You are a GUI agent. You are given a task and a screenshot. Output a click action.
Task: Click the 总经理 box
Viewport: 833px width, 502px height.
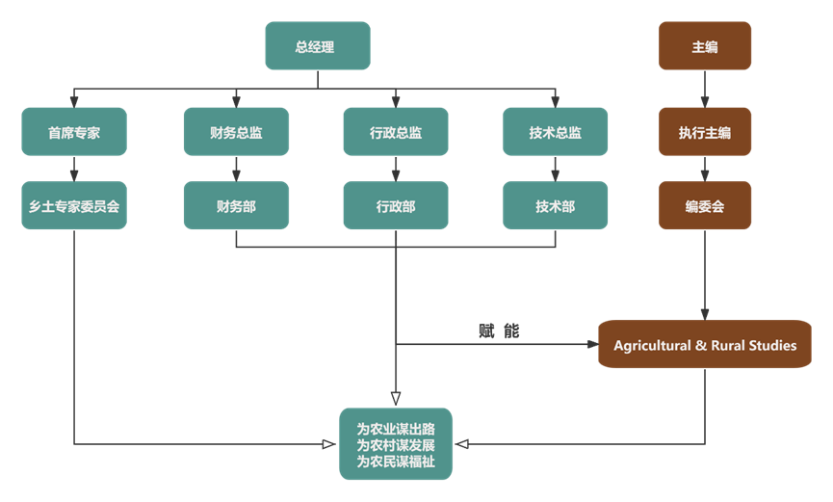(317, 46)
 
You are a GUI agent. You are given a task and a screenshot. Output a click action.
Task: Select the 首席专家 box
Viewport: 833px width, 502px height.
(74, 132)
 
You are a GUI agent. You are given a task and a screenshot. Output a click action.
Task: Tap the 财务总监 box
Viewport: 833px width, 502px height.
(236, 132)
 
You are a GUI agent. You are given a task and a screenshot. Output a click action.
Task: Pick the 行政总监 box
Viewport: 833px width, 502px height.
(396, 132)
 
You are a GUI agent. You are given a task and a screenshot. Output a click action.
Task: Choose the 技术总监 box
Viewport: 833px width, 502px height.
(555, 132)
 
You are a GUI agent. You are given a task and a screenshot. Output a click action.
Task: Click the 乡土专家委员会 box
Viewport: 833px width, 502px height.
(74, 205)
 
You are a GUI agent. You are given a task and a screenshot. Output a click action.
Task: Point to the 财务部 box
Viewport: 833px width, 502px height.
(236, 205)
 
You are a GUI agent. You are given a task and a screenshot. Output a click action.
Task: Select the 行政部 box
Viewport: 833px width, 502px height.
(396, 205)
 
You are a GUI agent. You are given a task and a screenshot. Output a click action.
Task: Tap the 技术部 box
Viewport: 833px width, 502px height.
(555, 205)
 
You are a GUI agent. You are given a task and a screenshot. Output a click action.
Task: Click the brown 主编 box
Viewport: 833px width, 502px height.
(705, 46)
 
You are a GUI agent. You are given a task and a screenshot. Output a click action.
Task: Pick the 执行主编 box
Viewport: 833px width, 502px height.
(705, 132)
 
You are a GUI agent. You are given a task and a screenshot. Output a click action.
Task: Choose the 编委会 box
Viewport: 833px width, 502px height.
(705, 205)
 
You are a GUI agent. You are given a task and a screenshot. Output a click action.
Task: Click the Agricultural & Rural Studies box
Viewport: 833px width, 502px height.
(705, 345)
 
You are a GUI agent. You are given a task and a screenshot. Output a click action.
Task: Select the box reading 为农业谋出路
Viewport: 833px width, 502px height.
(396, 444)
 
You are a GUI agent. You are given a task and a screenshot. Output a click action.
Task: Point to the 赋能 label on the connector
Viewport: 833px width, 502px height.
(498, 330)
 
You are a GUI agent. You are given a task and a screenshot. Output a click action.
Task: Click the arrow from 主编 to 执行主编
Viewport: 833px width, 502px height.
(705, 89)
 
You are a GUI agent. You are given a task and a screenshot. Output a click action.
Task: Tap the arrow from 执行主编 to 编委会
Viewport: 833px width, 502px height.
(705, 169)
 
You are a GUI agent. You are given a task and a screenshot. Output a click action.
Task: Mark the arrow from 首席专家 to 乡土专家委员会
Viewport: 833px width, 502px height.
(74, 169)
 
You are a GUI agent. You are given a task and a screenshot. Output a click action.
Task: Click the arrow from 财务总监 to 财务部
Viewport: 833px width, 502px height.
(236, 169)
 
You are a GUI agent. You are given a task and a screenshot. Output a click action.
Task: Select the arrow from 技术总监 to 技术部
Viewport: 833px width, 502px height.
(555, 169)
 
